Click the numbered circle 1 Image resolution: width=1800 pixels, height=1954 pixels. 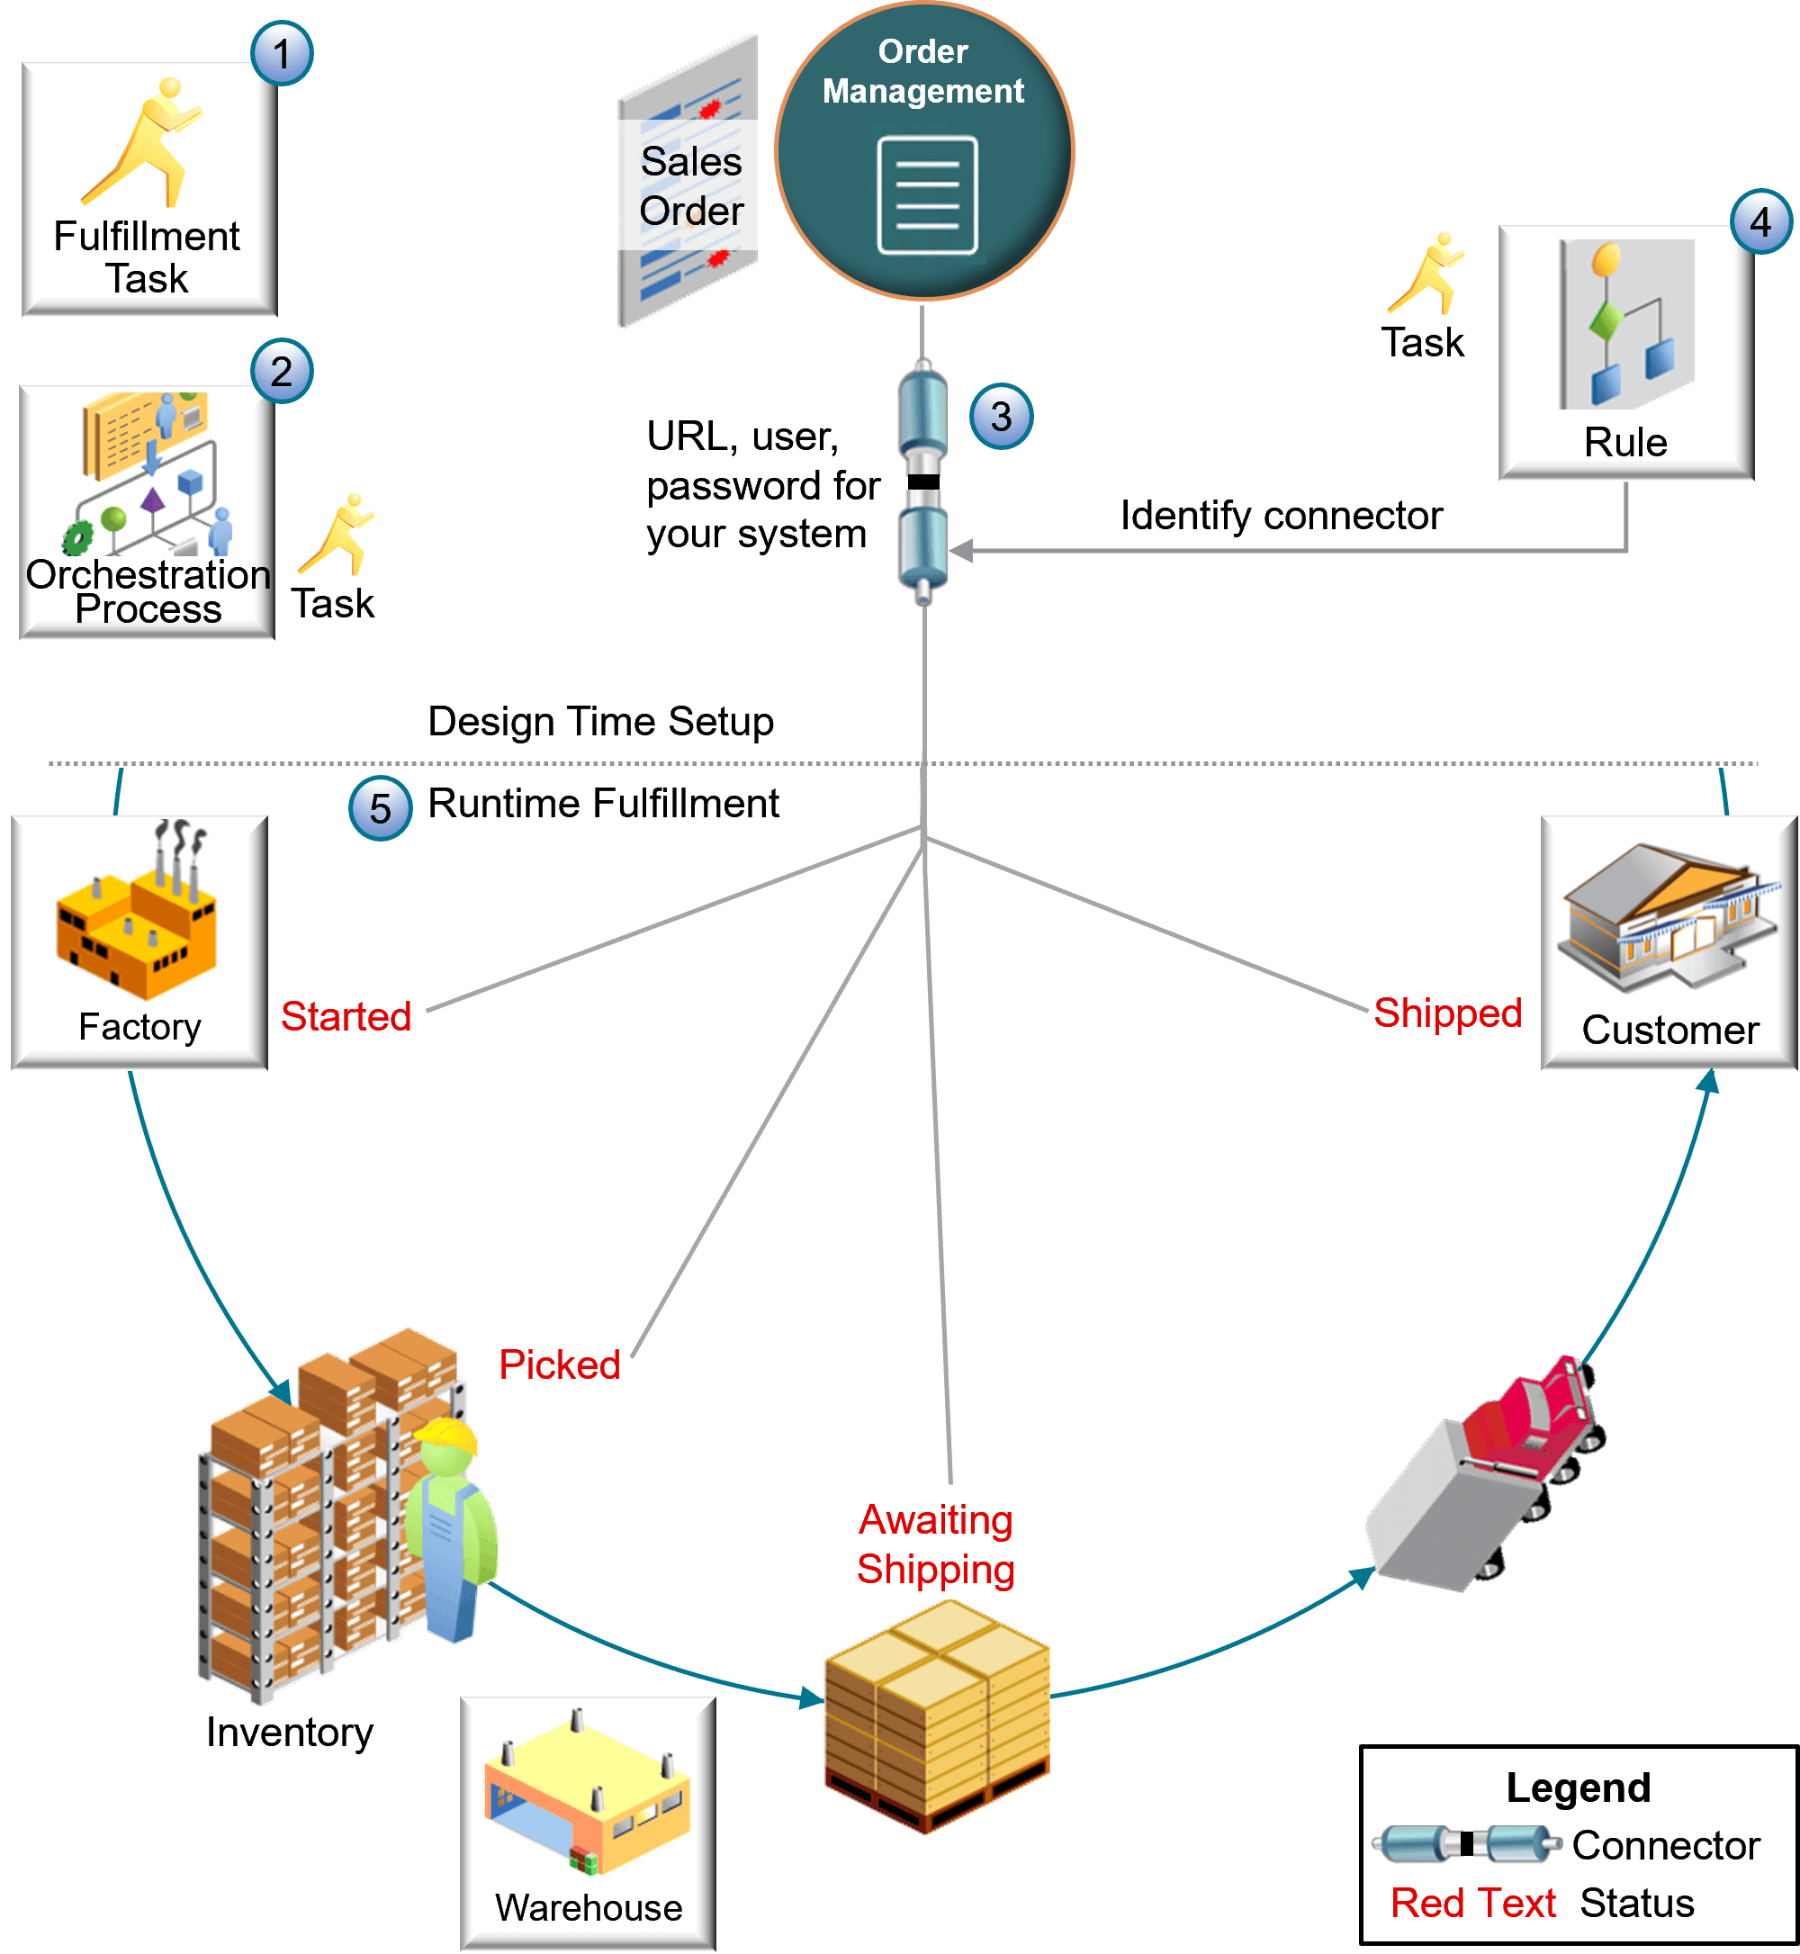[x=282, y=54]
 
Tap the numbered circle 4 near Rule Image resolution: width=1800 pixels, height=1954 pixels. [x=1760, y=222]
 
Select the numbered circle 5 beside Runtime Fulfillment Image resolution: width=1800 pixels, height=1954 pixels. [x=380, y=807]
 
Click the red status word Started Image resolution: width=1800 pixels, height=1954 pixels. [x=346, y=1016]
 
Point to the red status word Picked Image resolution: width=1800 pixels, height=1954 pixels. [x=559, y=1364]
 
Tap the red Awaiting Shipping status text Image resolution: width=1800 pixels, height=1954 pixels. [x=936, y=1544]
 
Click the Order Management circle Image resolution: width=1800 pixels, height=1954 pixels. [x=923, y=151]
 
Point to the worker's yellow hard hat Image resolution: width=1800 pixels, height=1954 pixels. [x=447, y=1436]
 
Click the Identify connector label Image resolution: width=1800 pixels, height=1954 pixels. [x=1281, y=516]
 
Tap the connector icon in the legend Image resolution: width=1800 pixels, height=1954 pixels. [x=1466, y=1844]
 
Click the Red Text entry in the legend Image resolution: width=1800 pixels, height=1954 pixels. [x=1471, y=1903]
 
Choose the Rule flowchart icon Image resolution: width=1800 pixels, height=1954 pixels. [x=1626, y=323]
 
